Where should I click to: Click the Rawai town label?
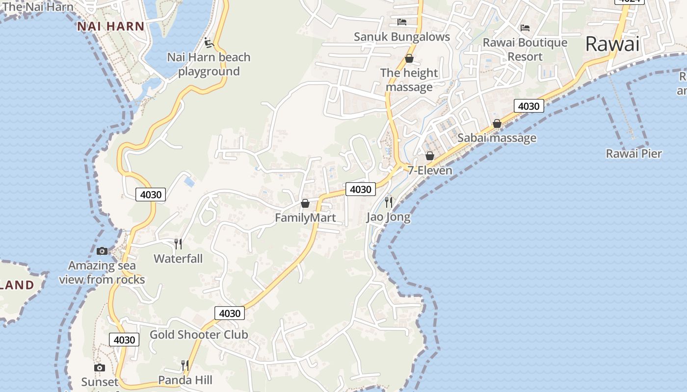coord(612,44)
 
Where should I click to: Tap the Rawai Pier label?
coord(634,154)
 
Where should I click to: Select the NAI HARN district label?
coord(110,26)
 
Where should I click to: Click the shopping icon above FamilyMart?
coord(305,203)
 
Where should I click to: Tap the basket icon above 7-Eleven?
coord(430,156)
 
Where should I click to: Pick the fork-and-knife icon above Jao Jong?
coord(389,202)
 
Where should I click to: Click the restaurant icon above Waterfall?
coord(178,244)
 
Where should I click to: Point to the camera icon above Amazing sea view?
coord(102,251)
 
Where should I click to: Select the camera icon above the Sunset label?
coord(100,367)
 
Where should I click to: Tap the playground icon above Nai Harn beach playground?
coord(209,43)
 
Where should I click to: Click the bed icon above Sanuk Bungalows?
coord(402,22)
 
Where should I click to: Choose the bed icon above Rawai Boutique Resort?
coord(525,28)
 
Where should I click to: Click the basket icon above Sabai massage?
coord(497,123)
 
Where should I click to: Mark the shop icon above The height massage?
coord(409,59)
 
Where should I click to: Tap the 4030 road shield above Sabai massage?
coord(528,106)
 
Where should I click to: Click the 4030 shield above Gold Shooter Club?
coord(230,313)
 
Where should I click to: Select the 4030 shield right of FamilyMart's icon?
coord(361,189)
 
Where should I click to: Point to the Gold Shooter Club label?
coord(199,335)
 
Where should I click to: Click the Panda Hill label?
coord(185,380)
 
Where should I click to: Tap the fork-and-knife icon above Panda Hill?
coord(185,365)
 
